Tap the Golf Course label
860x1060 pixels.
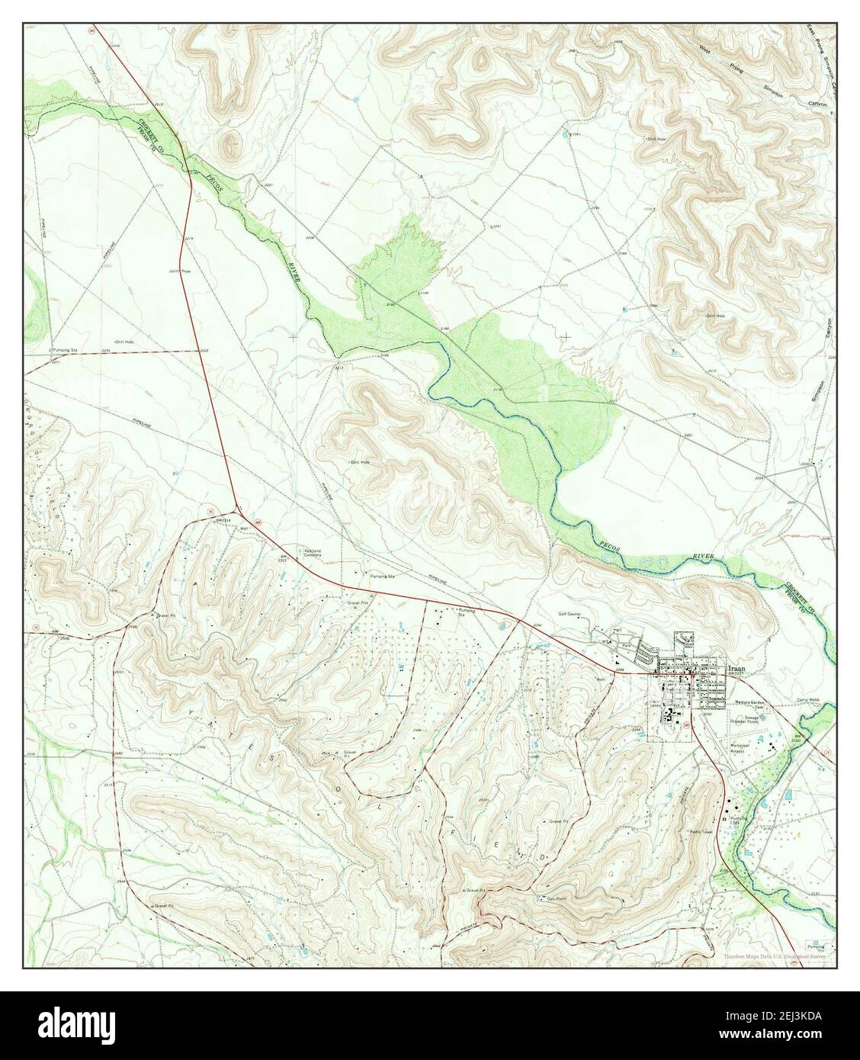[x=570, y=613]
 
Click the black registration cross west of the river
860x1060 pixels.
[x=294, y=336]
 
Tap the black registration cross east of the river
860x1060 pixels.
[x=565, y=336]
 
